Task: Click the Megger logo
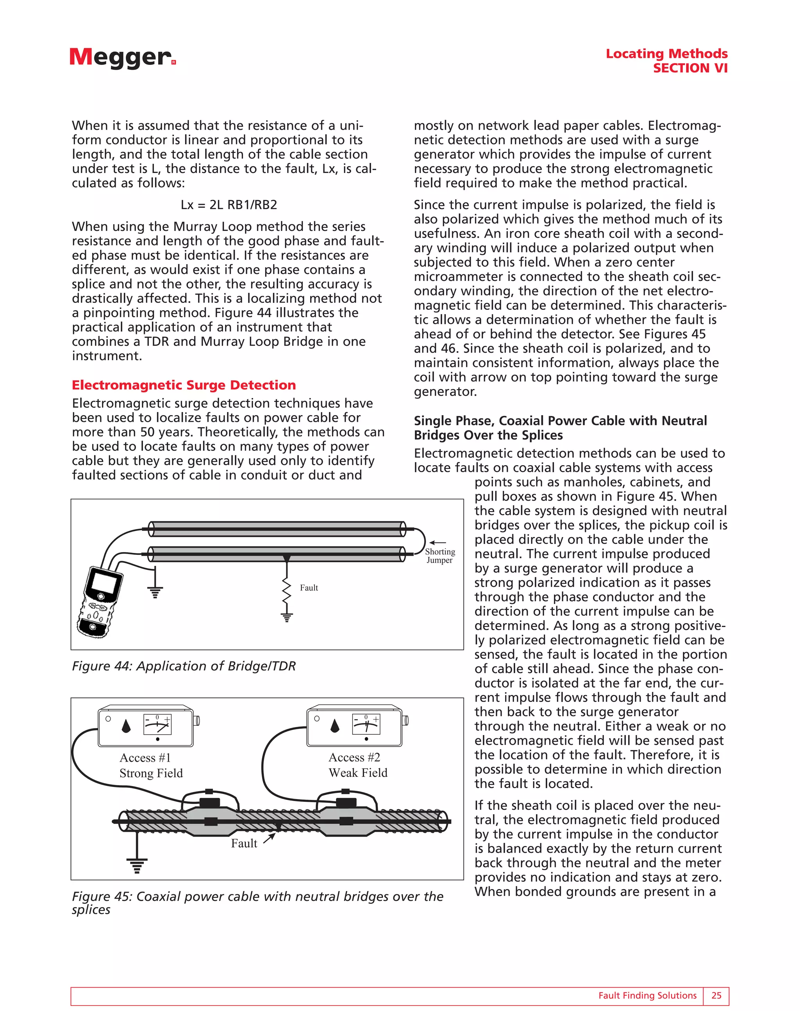(x=122, y=58)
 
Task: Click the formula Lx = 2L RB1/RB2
(x=229, y=204)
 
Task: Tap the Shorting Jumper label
(x=439, y=556)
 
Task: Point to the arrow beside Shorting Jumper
(x=437, y=543)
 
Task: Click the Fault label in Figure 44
(x=309, y=588)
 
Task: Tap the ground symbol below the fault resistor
(x=286, y=617)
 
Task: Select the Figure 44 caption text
(x=184, y=666)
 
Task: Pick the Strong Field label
(x=151, y=773)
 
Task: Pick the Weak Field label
(x=358, y=773)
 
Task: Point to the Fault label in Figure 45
(x=244, y=843)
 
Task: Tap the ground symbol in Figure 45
(x=137, y=865)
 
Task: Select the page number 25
(x=716, y=996)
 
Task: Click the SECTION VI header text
(x=690, y=68)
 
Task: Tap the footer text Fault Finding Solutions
(x=647, y=996)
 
